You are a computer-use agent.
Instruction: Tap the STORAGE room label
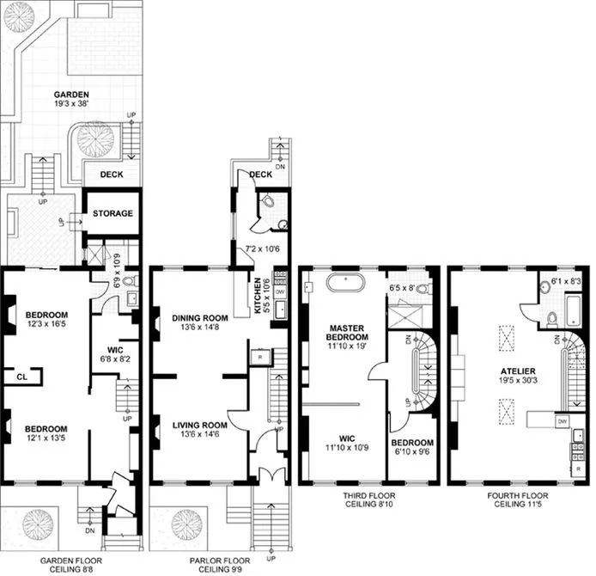(x=113, y=212)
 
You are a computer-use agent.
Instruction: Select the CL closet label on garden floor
(x=19, y=375)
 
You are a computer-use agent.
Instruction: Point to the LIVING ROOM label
(x=198, y=425)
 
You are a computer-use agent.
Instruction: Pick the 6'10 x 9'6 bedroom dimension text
(x=412, y=453)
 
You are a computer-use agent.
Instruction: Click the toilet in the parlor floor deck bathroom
(x=269, y=203)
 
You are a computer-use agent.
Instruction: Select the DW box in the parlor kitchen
(x=279, y=292)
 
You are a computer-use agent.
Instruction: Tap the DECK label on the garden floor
(x=112, y=175)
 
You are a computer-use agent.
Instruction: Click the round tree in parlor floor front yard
(x=185, y=524)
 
